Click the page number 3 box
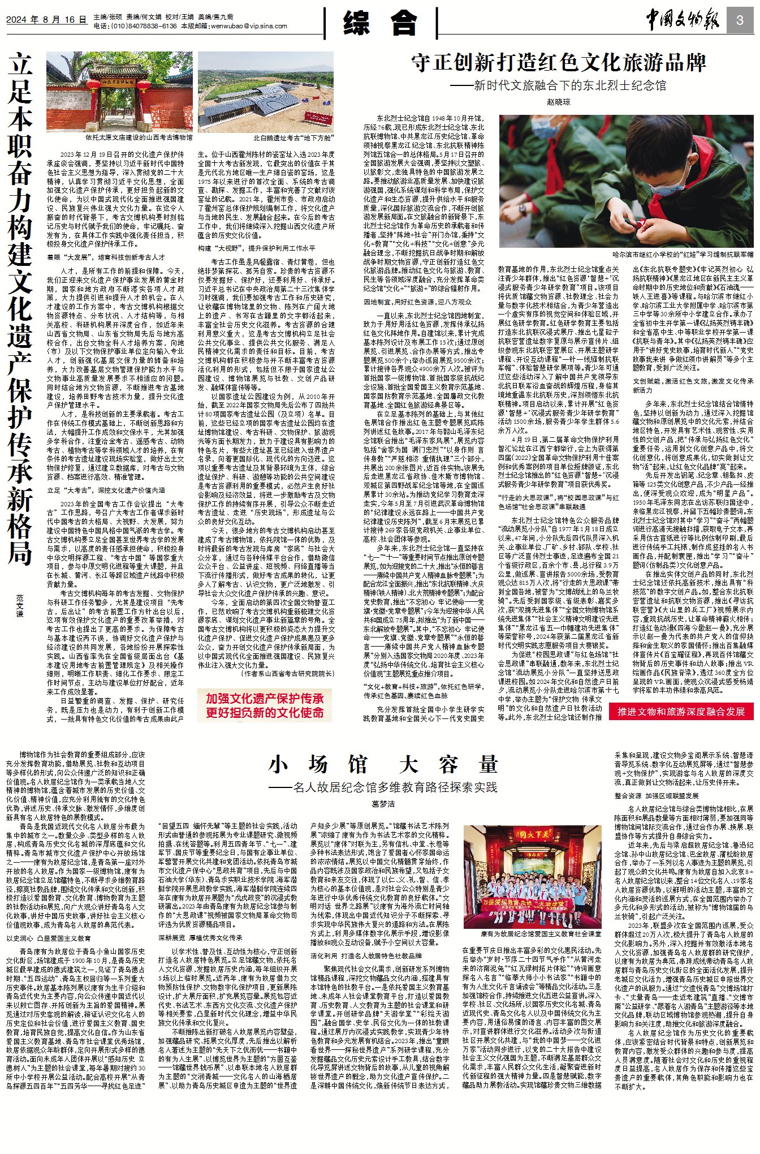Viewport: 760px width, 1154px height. pos(740,21)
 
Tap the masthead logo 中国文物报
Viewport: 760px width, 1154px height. pos(683,21)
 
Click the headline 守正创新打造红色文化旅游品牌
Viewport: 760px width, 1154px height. pos(559,63)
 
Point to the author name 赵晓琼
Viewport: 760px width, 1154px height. pos(559,102)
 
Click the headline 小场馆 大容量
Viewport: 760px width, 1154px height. pos(383,765)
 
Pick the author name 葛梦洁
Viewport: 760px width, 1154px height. pos(383,803)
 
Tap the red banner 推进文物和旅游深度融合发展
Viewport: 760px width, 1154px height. pos(681,712)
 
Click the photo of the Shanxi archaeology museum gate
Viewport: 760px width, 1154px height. pos(119,92)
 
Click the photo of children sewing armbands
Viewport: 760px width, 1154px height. pos(626,181)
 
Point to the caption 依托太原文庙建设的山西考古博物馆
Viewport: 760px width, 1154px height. pos(139,137)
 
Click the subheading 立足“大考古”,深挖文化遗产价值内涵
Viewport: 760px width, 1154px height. pos(106,490)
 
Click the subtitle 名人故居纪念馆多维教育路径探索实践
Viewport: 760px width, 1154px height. pos(383,787)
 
